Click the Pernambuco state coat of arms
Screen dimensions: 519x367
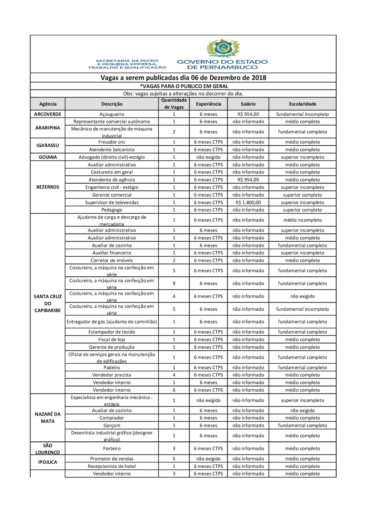(x=223, y=48)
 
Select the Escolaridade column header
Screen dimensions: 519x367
(x=302, y=104)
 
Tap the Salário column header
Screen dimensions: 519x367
(x=248, y=104)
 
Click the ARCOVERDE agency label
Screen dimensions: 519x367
(x=48, y=114)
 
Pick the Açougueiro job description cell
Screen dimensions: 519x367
(x=112, y=114)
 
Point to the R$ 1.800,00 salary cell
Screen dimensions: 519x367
(x=248, y=202)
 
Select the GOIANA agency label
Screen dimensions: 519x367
(x=48, y=157)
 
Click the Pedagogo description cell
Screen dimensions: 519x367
(x=112, y=210)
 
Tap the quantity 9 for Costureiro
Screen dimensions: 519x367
(x=174, y=284)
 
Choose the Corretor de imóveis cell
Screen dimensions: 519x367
(x=112, y=260)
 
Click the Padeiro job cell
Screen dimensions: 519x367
(x=112, y=368)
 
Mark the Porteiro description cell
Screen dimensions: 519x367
(x=112, y=449)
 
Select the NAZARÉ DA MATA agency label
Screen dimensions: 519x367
(x=48, y=418)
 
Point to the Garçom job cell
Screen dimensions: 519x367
(x=112, y=426)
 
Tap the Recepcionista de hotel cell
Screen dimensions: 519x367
(x=112, y=466)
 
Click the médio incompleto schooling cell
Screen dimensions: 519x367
(x=302, y=220)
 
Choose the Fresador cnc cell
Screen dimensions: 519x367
(x=112, y=142)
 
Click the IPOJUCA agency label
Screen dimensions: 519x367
(x=48, y=462)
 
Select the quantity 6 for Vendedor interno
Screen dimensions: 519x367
(x=174, y=390)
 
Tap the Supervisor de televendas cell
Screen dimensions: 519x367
(x=112, y=202)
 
